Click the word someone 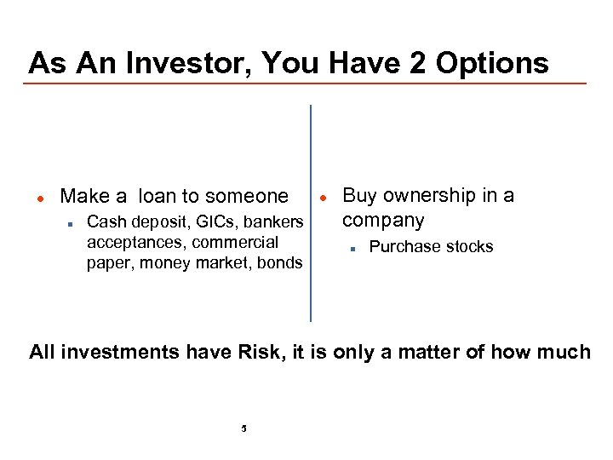pyautogui.click(x=247, y=197)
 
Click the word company pyautogui.click(x=382, y=220)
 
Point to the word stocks pyautogui.click(x=467, y=247)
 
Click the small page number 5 pyautogui.click(x=243, y=428)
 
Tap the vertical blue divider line pyautogui.click(x=311, y=213)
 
